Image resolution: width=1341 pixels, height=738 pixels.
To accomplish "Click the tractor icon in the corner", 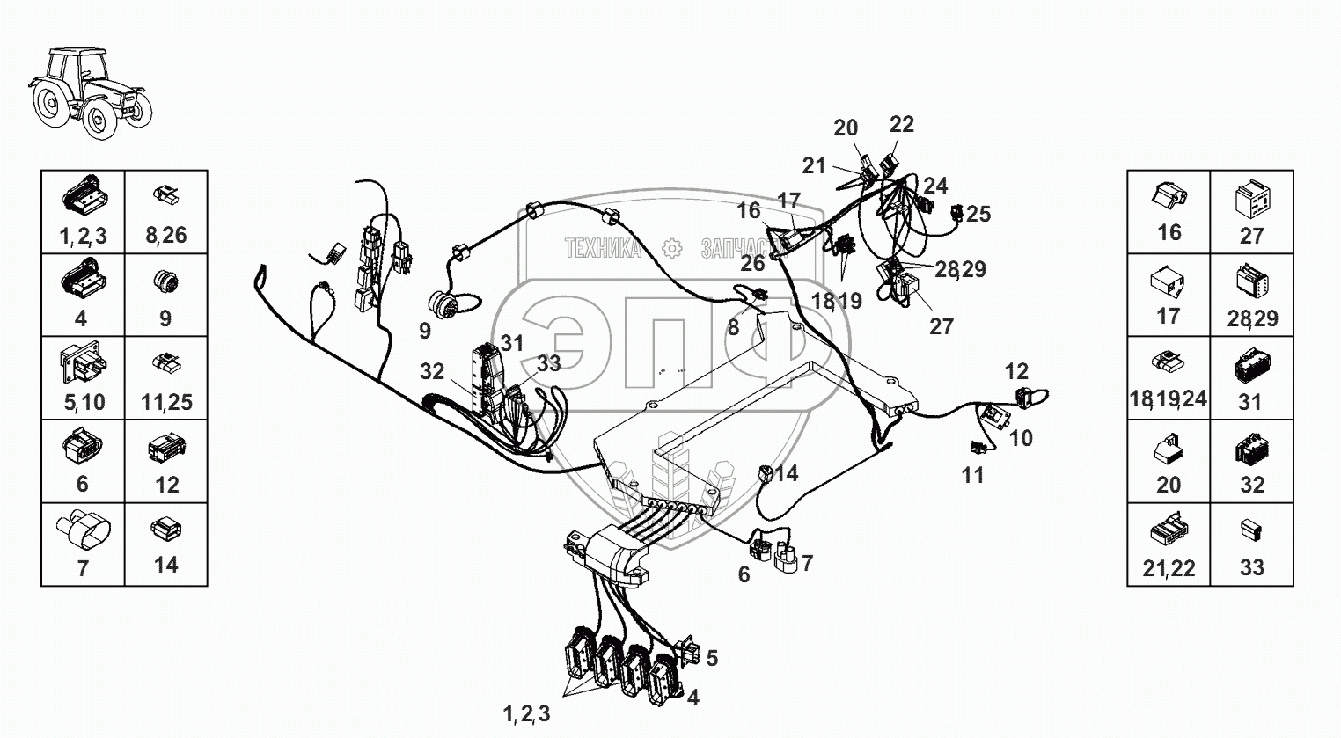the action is click(x=91, y=92).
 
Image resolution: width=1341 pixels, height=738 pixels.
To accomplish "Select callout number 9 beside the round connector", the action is click(x=425, y=332).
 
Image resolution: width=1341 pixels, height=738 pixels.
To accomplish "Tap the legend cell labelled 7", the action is click(x=83, y=544).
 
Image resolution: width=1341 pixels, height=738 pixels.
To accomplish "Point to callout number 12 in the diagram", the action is click(x=1016, y=371).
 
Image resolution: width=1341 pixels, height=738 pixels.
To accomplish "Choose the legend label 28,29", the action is click(x=1252, y=318).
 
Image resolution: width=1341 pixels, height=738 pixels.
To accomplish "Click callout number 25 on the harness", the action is click(x=978, y=214).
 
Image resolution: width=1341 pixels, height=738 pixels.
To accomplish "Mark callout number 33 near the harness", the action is click(x=548, y=363).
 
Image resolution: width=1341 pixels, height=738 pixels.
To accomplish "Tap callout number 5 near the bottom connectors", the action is click(x=712, y=658).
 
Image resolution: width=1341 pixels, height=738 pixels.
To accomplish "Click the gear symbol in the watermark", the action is click(x=671, y=249).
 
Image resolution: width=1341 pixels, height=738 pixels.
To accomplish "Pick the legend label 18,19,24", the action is click(x=1168, y=401).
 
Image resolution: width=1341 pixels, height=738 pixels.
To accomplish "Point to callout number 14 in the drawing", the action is click(x=786, y=473).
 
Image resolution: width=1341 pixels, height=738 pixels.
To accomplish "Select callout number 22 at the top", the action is click(x=902, y=125).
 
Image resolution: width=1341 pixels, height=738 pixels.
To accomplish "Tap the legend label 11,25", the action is click(x=166, y=402).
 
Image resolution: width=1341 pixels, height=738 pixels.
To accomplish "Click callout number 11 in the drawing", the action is click(x=972, y=475).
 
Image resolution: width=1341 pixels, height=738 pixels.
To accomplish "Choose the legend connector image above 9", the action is click(x=165, y=282).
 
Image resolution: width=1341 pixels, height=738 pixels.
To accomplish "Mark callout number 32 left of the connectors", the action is click(x=432, y=371).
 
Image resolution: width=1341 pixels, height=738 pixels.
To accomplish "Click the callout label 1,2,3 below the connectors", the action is click(x=527, y=714).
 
